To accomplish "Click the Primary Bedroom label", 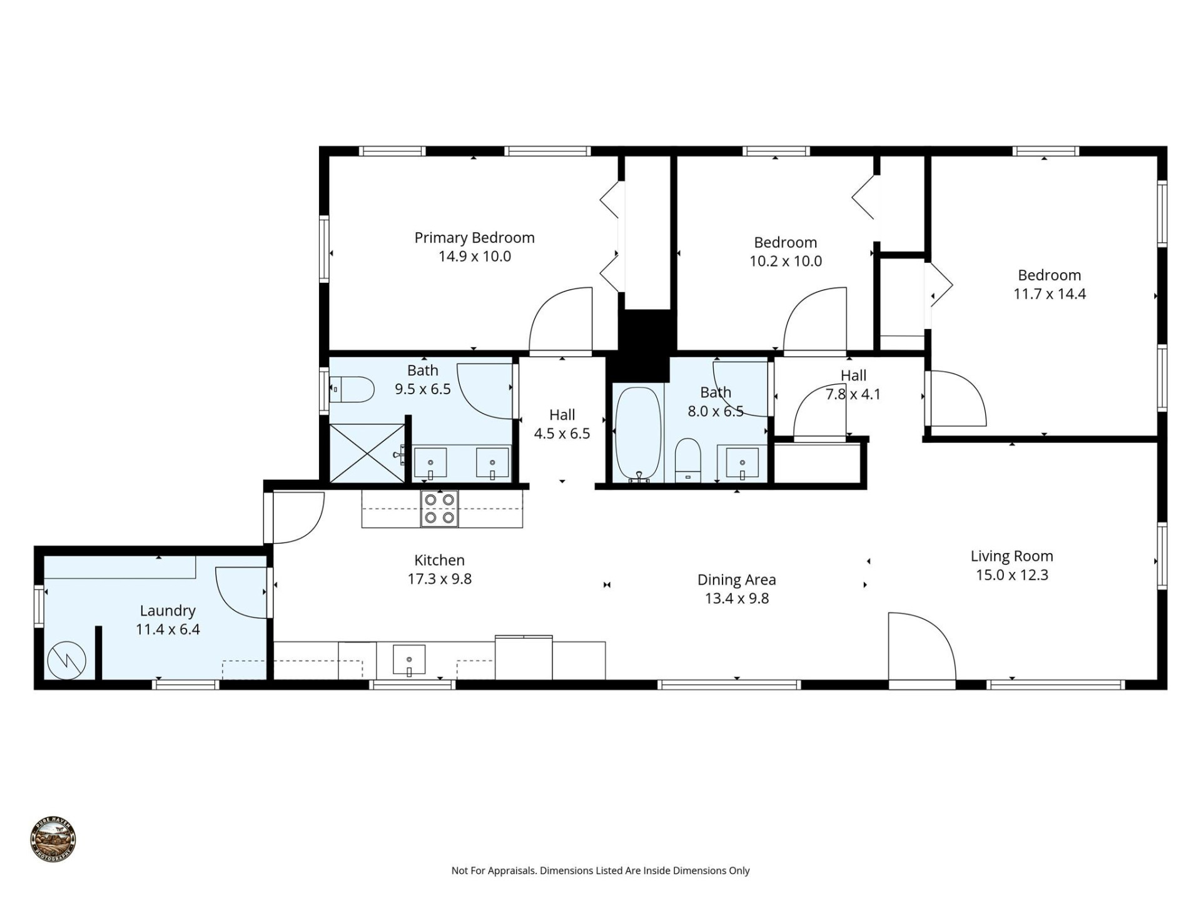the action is click(474, 238).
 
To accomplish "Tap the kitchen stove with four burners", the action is click(440, 509).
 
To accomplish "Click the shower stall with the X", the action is click(367, 453).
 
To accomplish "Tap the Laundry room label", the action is click(168, 611).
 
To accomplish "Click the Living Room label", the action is click(1011, 556).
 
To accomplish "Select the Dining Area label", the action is click(736, 580).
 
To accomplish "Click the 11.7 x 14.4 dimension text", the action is click(1050, 294).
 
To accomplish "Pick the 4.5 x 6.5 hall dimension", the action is click(562, 434).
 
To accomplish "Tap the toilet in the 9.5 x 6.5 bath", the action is click(352, 389).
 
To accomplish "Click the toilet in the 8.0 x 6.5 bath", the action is click(689, 459).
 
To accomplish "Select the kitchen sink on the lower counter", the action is click(409, 661).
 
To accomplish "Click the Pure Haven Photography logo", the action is click(53, 839).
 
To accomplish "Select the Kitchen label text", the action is click(439, 560).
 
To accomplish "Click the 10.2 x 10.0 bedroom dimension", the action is click(786, 262).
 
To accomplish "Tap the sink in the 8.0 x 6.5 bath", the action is click(742, 464).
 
